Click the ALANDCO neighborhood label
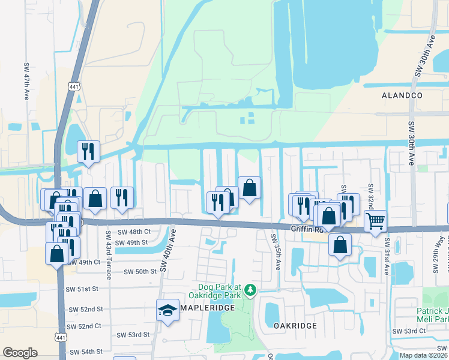pyautogui.click(x=402, y=95)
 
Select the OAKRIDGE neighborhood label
pyautogui.click(x=295, y=325)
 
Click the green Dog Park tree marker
pyautogui.click(x=250, y=292)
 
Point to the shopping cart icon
pyautogui.click(x=375, y=222)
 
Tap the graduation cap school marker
pyautogui.click(x=167, y=310)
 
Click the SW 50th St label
pyautogui.click(x=140, y=272)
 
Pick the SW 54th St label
pyautogui.click(x=86, y=352)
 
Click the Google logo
pyautogui.click(x=20, y=353)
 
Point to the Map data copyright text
pyautogui.click(x=423, y=355)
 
